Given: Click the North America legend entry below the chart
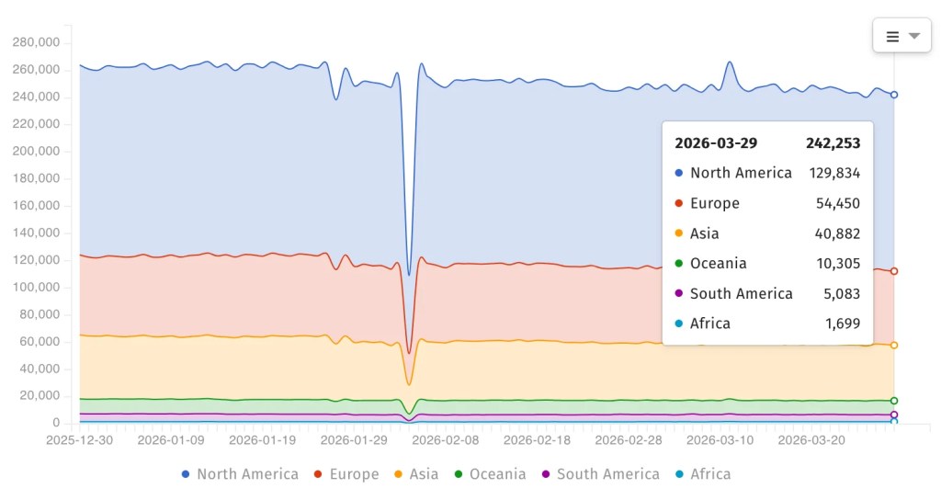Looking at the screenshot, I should pyautogui.click(x=240, y=474).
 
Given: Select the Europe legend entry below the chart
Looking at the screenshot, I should pyautogui.click(x=346, y=474).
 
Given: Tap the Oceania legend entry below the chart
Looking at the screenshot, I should pyautogui.click(x=490, y=474).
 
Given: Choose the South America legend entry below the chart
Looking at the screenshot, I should pyautogui.click(x=600, y=474).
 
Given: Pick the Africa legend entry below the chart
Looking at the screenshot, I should pyautogui.click(x=703, y=474).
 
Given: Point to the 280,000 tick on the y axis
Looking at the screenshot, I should pyautogui.click(x=36, y=42).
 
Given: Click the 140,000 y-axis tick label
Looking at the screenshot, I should pyautogui.click(x=36, y=233).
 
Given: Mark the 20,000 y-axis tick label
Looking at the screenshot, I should pyautogui.click(x=40, y=396).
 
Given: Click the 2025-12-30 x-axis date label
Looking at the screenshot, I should pyautogui.click(x=80, y=440).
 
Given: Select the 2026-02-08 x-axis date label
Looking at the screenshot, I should pyautogui.click(x=445, y=440).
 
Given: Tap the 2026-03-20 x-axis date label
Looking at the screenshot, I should pyautogui.click(x=811, y=440).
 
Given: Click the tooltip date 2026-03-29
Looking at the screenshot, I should pyautogui.click(x=716, y=143).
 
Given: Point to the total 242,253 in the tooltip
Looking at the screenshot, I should pyautogui.click(x=833, y=143).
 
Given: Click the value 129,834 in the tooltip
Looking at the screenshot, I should pyautogui.click(x=834, y=173).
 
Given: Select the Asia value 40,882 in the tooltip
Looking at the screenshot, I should pyautogui.click(x=838, y=233).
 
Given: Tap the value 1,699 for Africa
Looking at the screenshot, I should pyautogui.click(x=843, y=324).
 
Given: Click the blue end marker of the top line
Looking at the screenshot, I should pyautogui.click(x=894, y=95).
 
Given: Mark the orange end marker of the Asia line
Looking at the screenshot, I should pyautogui.click(x=894, y=346).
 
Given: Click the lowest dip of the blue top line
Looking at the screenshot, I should pyautogui.click(x=409, y=274).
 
